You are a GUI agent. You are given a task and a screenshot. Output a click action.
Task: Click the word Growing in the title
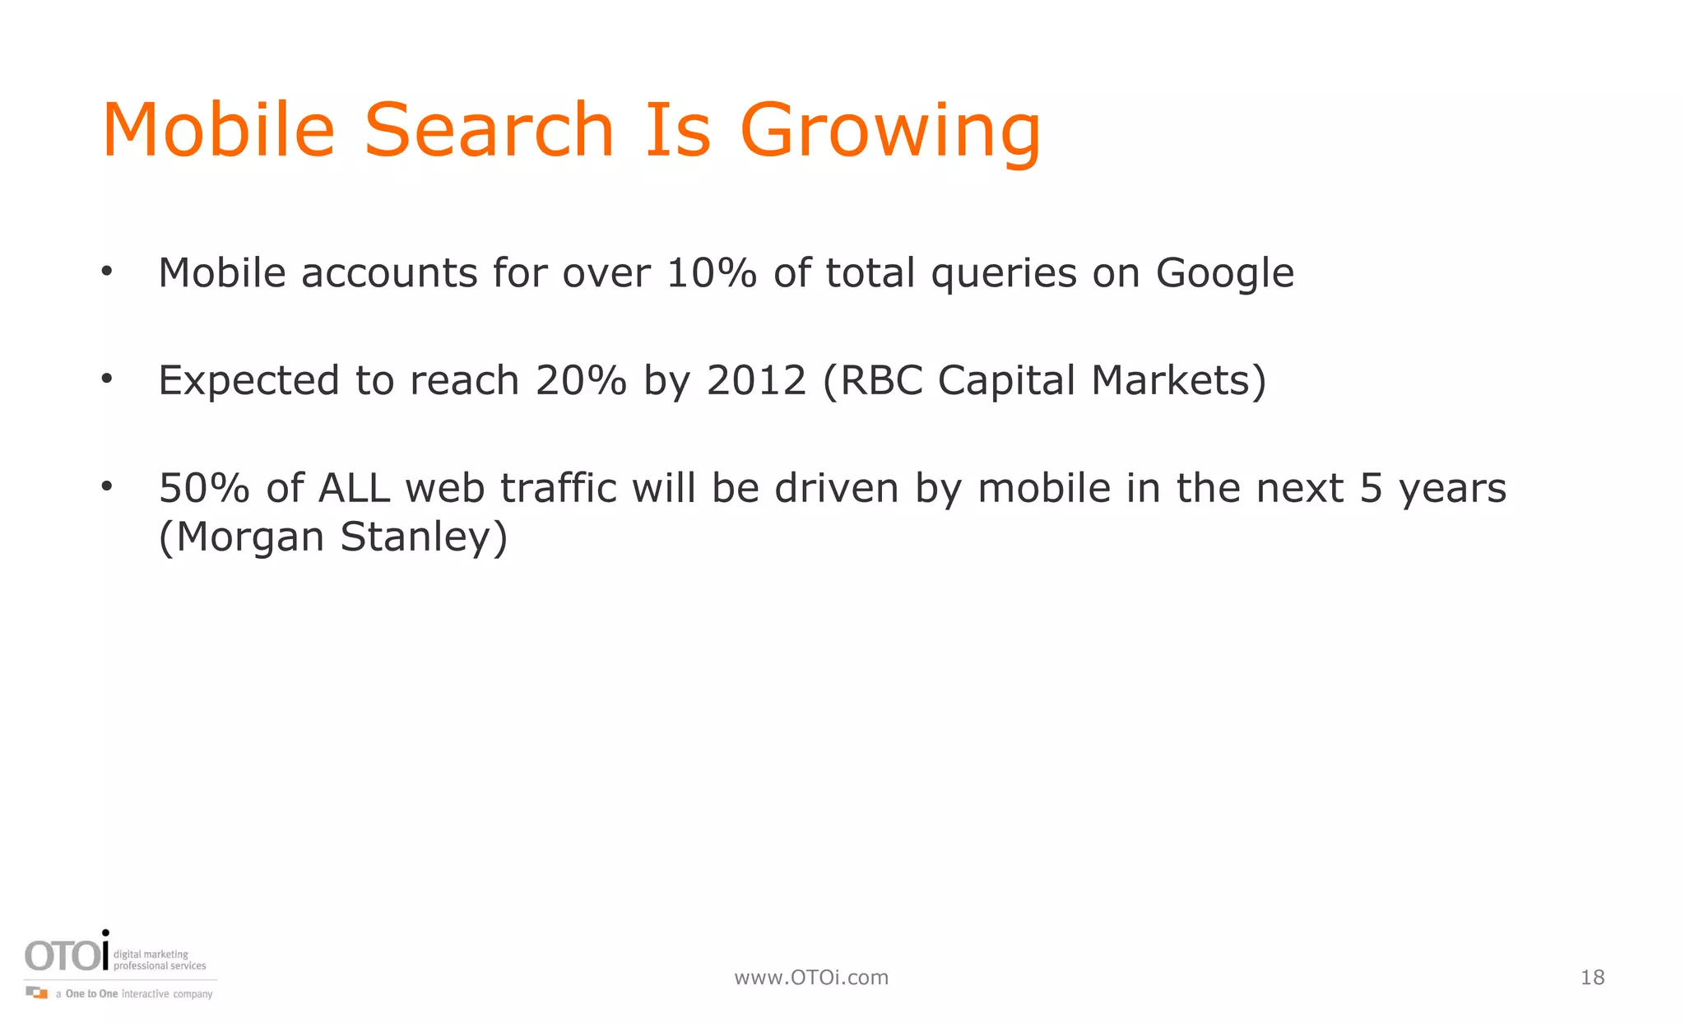890,132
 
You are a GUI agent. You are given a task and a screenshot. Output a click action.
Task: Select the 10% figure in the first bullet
711,273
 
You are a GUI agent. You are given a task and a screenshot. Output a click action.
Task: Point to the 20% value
581,381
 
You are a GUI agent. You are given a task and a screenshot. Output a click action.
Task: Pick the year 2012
756,381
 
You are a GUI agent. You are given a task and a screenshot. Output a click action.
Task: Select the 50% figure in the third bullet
204,489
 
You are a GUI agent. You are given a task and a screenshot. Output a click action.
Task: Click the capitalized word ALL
354,489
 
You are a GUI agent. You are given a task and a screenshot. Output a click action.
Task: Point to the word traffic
559,489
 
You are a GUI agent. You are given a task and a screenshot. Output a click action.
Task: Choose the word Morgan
249,537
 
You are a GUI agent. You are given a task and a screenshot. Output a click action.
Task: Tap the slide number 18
1592,978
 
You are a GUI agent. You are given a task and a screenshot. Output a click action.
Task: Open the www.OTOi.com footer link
811,978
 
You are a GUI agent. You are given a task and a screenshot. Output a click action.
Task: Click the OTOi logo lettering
67,955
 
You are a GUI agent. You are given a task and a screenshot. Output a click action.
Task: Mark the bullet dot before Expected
106,379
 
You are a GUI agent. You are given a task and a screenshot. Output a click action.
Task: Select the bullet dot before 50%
106,486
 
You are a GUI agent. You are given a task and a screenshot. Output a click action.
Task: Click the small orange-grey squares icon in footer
37,993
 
